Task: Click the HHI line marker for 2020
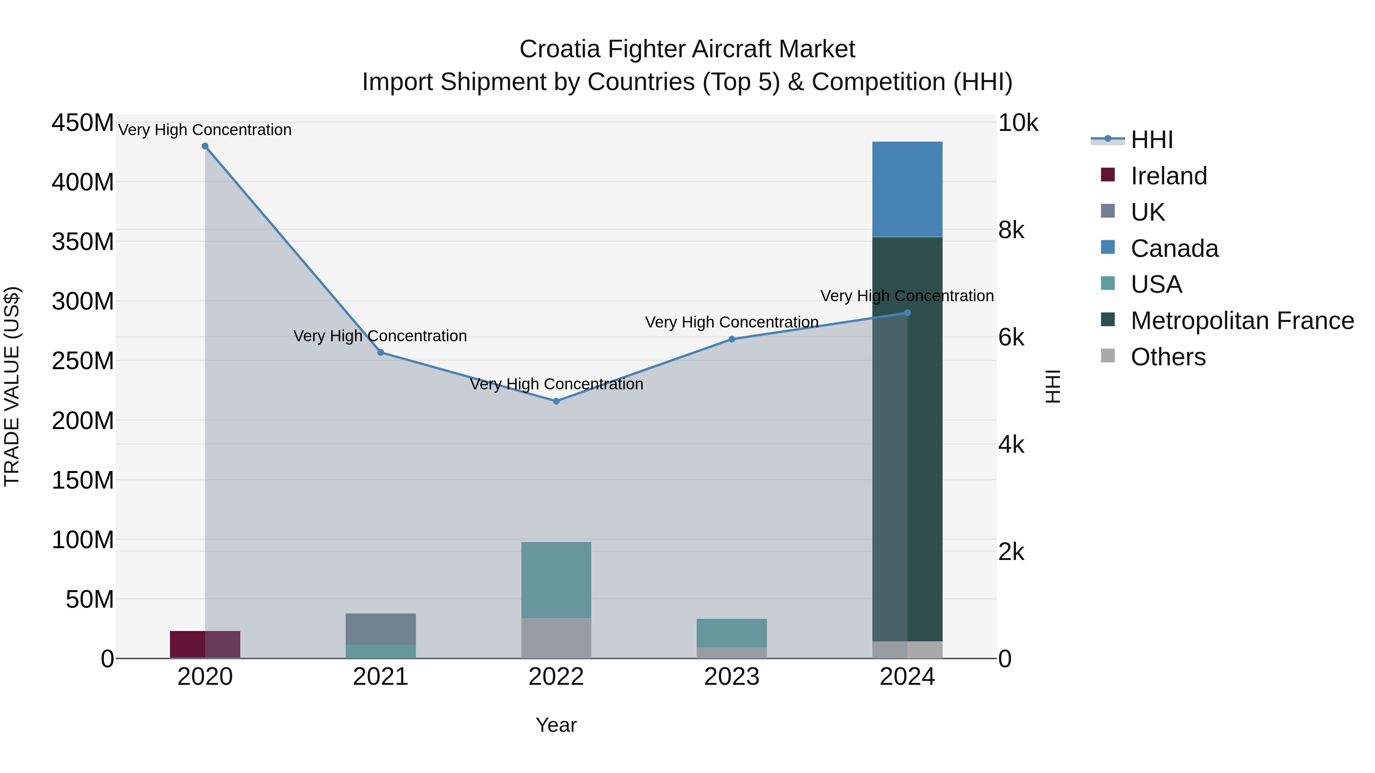point(205,146)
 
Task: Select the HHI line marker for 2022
point(556,401)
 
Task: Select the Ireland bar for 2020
point(205,644)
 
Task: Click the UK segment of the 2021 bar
point(380,629)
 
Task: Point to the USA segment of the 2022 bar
point(556,580)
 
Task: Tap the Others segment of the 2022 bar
point(556,638)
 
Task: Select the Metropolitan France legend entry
point(1242,321)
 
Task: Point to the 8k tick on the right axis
point(1011,231)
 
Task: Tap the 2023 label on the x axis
point(731,677)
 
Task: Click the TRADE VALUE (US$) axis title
point(12,386)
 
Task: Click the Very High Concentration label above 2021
point(380,336)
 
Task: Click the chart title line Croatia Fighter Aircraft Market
point(687,49)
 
